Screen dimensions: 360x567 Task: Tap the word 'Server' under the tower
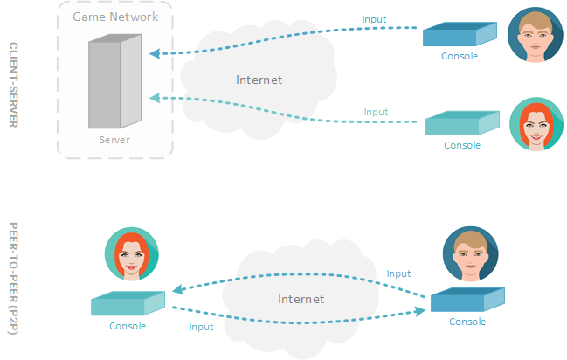click(114, 140)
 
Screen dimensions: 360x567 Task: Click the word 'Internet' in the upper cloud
click(259, 80)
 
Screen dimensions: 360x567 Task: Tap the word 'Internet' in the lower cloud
click(301, 299)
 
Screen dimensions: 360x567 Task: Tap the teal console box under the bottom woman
click(128, 303)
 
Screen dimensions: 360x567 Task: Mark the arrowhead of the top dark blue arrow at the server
click(154, 53)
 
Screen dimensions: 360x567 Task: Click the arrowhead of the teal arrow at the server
click(154, 96)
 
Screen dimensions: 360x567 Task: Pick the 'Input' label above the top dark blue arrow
click(374, 19)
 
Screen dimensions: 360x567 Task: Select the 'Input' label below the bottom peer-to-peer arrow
click(201, 327)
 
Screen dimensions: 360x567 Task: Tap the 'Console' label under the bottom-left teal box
click(128, 326)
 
